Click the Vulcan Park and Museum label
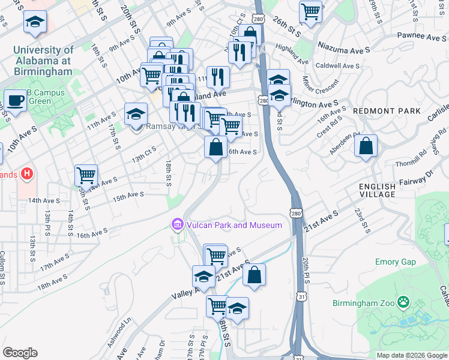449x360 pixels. [234, 225]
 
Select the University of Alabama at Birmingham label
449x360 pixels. [42, 61]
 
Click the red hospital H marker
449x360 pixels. [26, 175]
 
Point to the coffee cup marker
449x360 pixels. [14, 100]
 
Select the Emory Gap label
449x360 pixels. [396, 262]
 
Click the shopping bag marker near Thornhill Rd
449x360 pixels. [366, 146]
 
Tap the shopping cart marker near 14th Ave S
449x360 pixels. [86, 176]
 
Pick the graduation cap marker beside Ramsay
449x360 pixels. [136, 113]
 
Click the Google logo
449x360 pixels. [20, 353]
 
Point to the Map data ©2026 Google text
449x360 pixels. [411, 355]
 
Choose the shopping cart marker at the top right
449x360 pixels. [310, 10]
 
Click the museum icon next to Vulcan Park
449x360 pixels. [177, 225]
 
